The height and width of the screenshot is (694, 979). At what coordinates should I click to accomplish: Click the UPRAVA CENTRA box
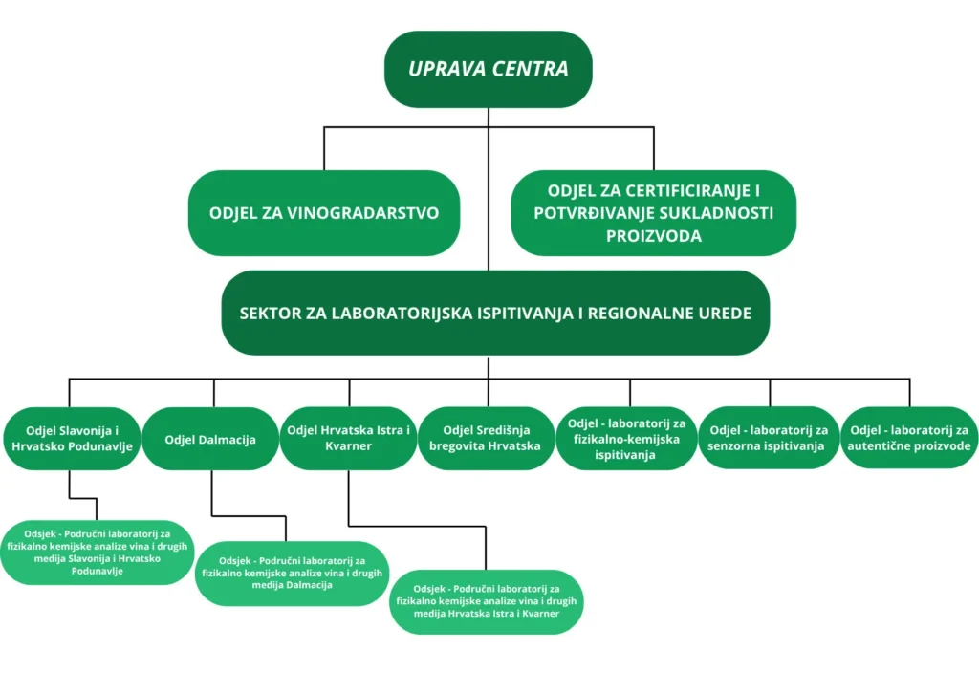(488, 69)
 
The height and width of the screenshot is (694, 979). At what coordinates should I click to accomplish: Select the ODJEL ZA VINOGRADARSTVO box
(324, 212)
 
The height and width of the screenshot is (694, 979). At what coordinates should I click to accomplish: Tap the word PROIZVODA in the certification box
(654, 236)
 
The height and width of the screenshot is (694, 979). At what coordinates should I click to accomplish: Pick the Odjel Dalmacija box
(210, 440)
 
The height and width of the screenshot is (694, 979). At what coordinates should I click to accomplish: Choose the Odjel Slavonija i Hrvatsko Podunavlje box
(70, 440)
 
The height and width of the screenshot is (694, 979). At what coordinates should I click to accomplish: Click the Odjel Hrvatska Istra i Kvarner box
(348, 440)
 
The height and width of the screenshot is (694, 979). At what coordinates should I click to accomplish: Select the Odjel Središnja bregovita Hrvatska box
(486, 440)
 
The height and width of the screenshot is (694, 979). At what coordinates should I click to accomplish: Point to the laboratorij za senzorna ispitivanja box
(769, 440)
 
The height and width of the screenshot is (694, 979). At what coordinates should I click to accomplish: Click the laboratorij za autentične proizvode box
(909, 440)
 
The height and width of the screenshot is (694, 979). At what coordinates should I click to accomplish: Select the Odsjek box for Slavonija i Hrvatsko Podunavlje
(98, 552)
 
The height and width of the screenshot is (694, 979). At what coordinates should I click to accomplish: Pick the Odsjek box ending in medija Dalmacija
(292, 574)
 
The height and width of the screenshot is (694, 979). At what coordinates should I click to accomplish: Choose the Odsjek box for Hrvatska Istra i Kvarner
(487, 601)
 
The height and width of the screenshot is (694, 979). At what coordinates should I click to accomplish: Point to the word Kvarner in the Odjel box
(348, 446)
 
